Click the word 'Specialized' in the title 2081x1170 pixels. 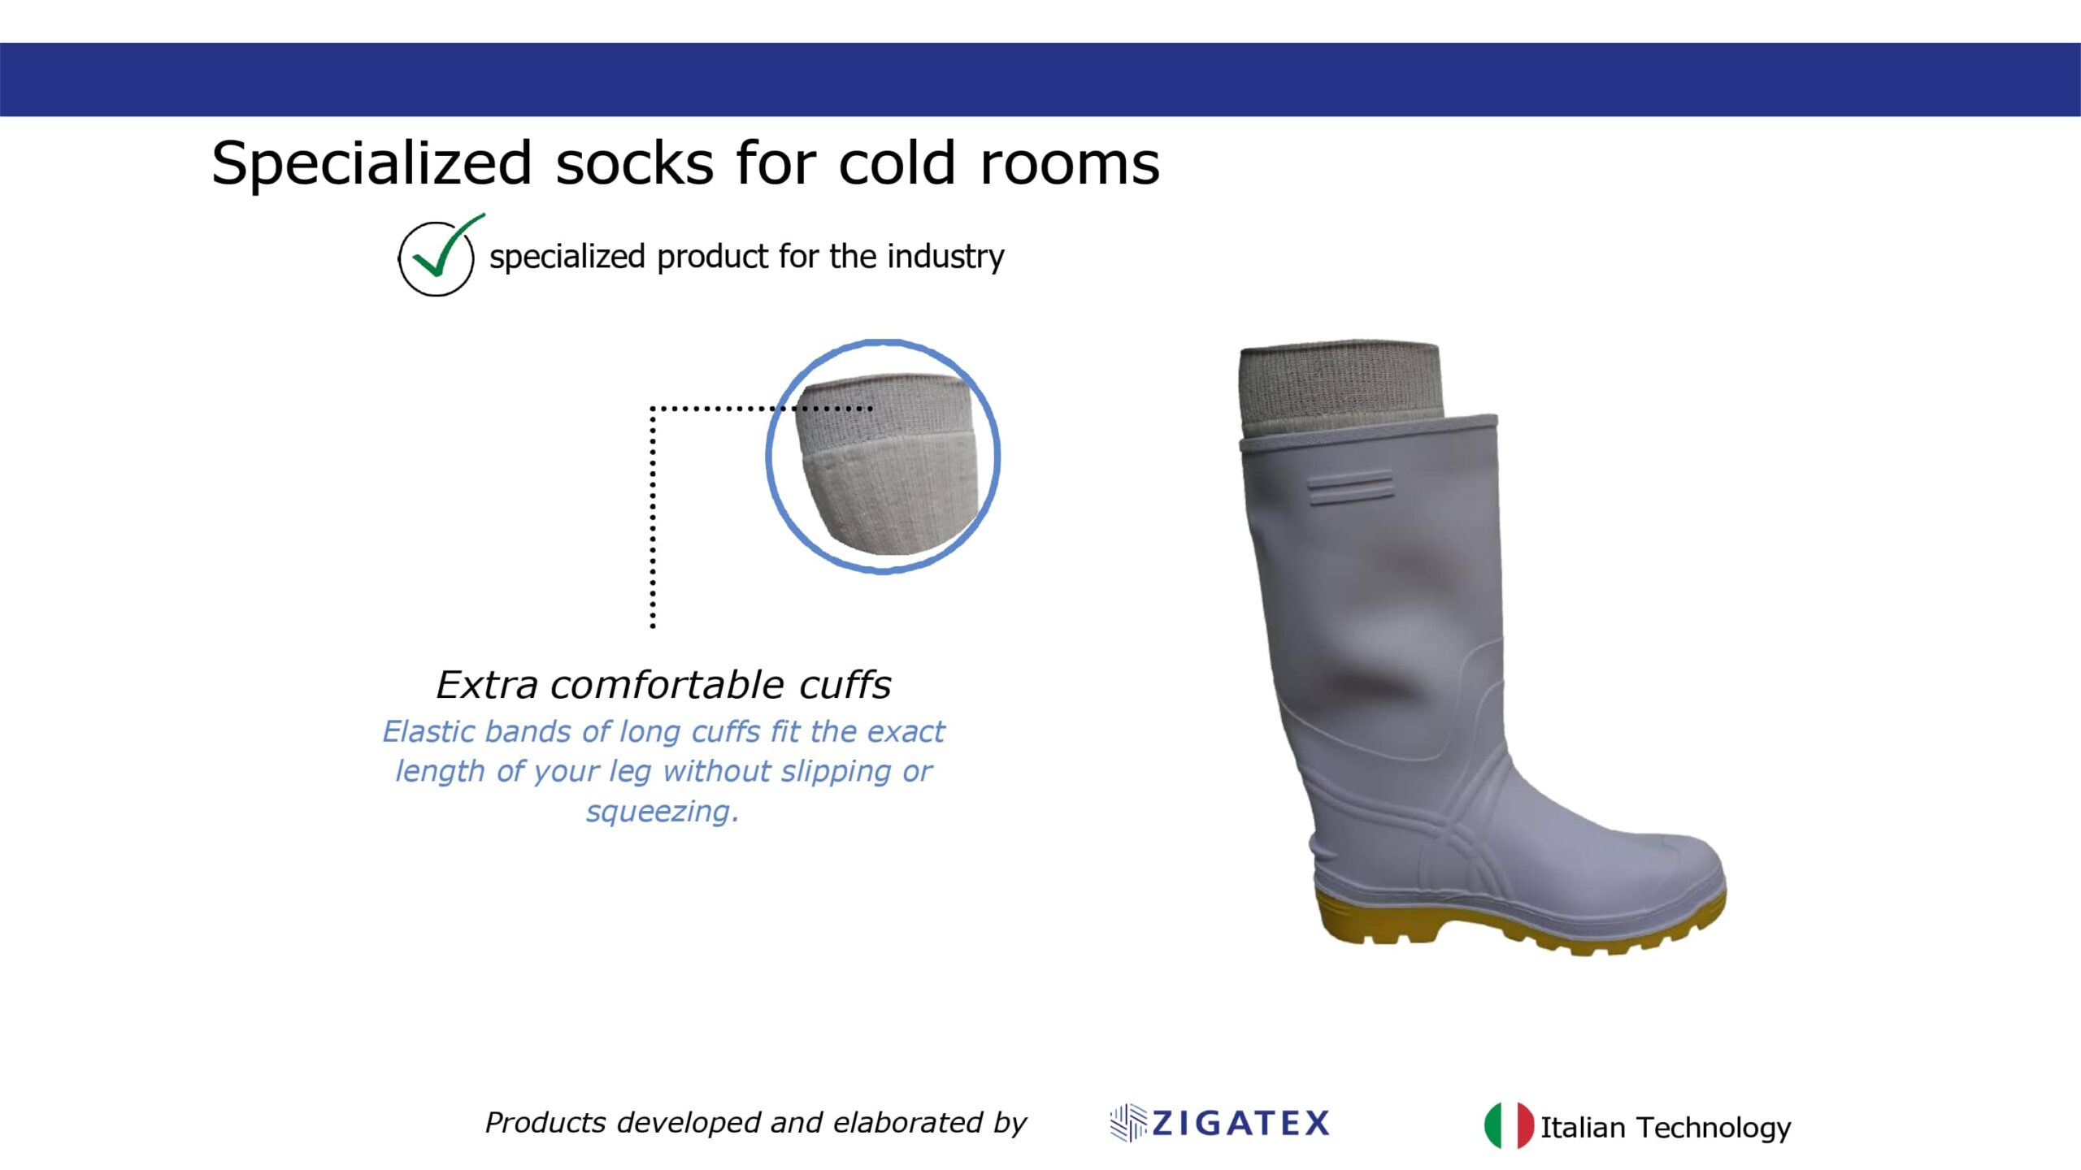pyautogui.click(x=371, y=164)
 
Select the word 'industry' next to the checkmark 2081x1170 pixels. pyautogui.click(x=945, y=258)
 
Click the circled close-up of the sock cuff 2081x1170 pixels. pyautogui.click(x=884, y=457)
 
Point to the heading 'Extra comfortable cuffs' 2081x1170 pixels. pyautogui.click(x=663, y=685)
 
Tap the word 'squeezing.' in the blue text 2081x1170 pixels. pyautogui.click(x=663, y=812)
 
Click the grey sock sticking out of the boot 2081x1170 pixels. pyautogui.click(x=1339, y=388)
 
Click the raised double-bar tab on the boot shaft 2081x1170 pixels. pyautogui.click(x=1350, y=486)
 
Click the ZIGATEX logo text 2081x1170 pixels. pyautogui.click(x=1241, y=1124)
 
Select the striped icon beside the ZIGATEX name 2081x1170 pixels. pyautogui.click(x=1128, y=1123)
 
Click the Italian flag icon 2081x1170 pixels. pyautogui.click(x=1510, y=1125)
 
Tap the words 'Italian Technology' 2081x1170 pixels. pyautogui.click(x=1666, y=1128)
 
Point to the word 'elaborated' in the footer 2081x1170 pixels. pyautogui.click(x=909, y=1123)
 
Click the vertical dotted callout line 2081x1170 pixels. pyautogui.click(x=653, y=518)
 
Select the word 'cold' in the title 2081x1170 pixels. pyautogui.click(x=897, y=164)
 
